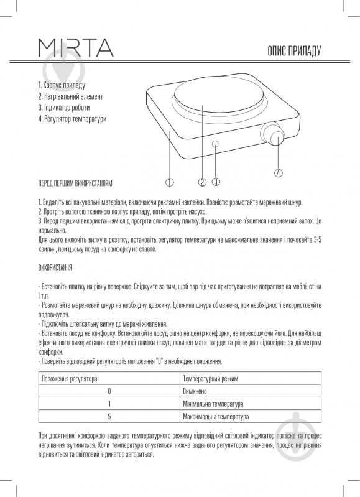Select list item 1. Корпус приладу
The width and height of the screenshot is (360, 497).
[x=61, y=85]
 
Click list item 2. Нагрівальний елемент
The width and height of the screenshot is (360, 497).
[x=70, y=96]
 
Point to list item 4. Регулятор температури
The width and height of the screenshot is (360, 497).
[x=72, y=119]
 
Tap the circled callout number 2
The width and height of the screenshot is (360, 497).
[x=202, y=182]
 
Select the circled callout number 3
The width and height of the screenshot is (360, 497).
[x=216, y=182]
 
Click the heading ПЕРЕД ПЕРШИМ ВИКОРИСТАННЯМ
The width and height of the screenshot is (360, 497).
[x=75, y=182]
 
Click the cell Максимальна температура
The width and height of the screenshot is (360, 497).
[x=216, y=416]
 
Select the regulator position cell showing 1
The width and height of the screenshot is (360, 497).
[x=109, y=403]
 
